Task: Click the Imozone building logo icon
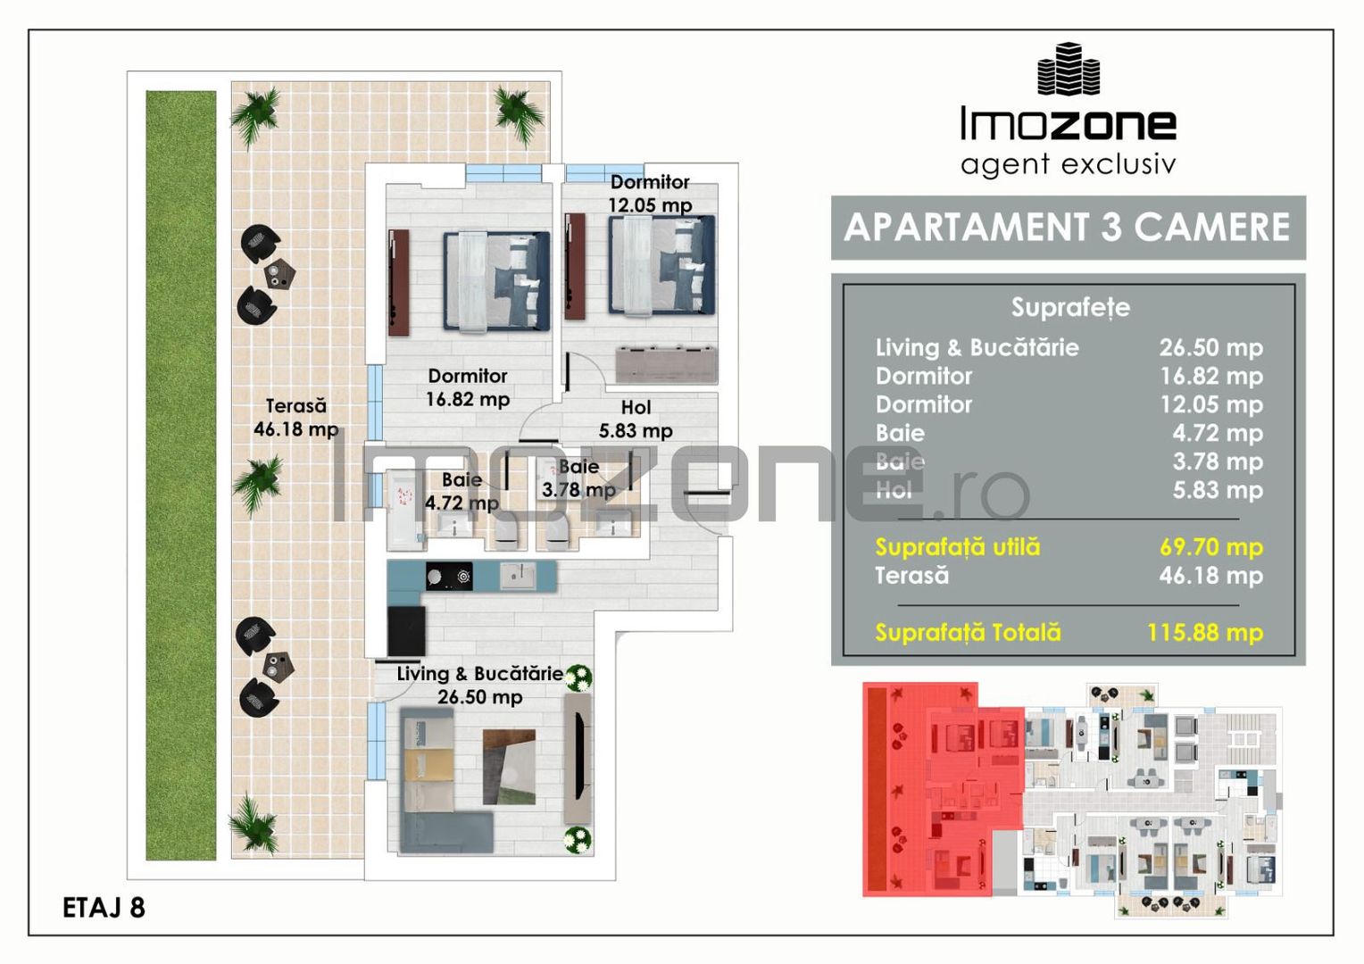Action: tap(1068, 70)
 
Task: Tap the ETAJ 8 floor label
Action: tap(104, 908)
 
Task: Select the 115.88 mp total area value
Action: tap(1204, 633)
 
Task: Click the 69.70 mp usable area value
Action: tap(1210, 547)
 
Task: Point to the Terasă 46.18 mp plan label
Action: tap(295, 418)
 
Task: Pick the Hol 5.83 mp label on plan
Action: tap(636, 420)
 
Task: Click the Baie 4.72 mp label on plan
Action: tap(462, 492)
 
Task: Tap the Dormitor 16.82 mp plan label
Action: tap(467, 387)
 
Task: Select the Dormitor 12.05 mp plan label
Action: tap(650, 194)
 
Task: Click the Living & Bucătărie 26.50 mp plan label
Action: tap(480, 685)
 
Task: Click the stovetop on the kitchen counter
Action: tap(448, 578)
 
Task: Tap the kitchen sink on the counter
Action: tap(517, 577)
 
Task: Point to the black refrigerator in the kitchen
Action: tap(406, 630)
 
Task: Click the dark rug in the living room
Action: tap(509, 767)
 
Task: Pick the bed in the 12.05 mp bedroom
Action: tap(661, 265)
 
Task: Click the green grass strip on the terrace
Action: tap(181, 475)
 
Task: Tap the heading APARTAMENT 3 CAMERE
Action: tap(1068, 228)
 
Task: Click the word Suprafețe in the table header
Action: tap(1069, 308)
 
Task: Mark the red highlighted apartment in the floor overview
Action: tap(942, 790)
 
